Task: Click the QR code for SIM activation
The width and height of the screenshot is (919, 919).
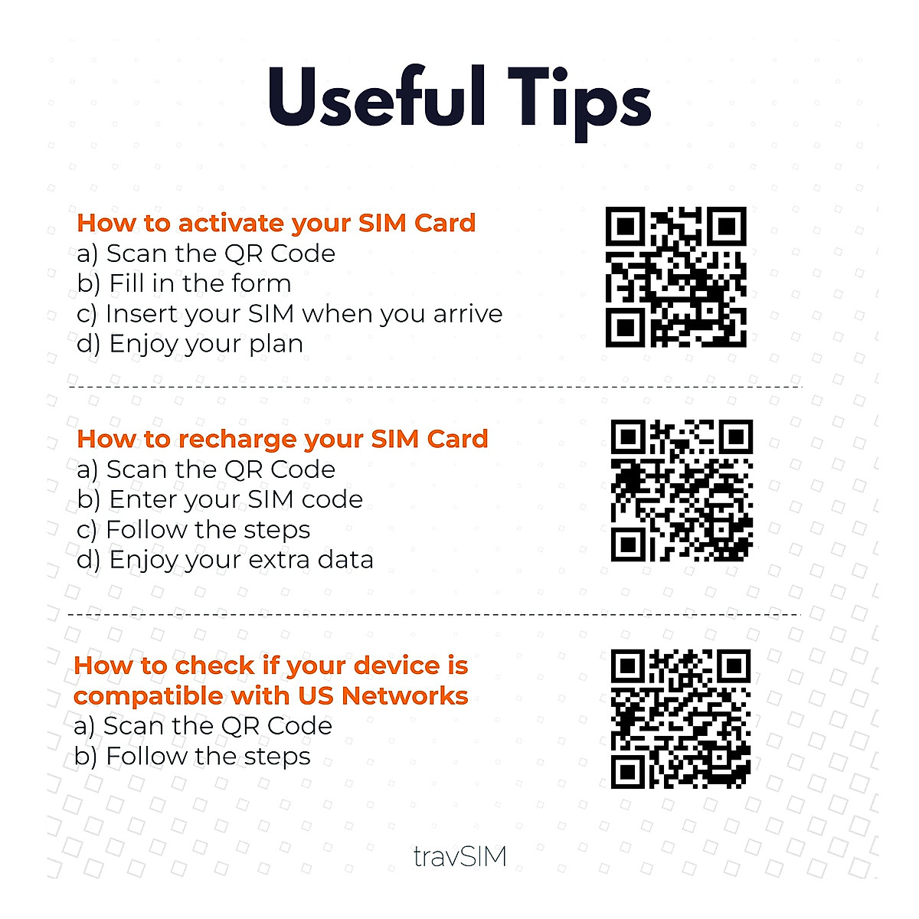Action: point(675,276)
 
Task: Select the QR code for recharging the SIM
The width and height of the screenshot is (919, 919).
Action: point(682,490)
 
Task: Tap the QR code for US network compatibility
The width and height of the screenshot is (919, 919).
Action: point(680,718)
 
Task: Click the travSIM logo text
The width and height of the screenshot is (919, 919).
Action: point(459,855)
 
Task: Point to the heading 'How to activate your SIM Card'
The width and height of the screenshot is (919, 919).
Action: point(276,223)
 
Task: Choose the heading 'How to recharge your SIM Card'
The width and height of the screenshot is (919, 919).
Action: point(283,439)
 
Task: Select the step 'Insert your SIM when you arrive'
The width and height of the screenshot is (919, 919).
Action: point(289,314)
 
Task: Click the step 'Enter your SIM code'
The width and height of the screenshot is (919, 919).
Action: point(220,499)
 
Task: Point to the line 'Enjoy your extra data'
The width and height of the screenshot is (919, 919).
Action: point(225,560)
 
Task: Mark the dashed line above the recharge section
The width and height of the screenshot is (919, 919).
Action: point(435,388)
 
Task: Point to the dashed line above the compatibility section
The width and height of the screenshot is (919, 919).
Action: point(435,614)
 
